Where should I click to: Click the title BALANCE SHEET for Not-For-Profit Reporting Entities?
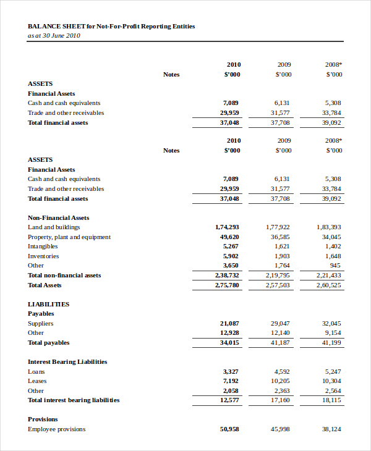(x=111, y=27)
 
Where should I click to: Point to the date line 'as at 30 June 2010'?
(x=54, y=35)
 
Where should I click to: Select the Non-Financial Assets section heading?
(x=58, y=217)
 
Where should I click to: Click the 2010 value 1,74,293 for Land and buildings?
(x=227, y=227)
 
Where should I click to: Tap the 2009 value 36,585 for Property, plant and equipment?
(x=280, y=237)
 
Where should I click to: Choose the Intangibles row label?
(x=43, y=247)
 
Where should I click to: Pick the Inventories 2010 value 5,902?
(x=231, y=256)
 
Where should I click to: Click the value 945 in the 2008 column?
(x=335, y=266)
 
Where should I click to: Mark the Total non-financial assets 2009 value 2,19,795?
(x=278, y=275)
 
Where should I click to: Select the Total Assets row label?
(x=45, y=285)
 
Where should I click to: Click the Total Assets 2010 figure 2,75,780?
(x=227, y=285)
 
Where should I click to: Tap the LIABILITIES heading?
(x=48, y=304)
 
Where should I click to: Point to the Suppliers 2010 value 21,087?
(x=229, y=323)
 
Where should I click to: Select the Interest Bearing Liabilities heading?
(x=67, y=361)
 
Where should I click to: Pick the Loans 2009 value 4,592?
(x=282, y=371)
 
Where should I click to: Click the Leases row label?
(x=37, y=381)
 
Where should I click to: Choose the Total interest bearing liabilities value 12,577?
(x=229, y=400)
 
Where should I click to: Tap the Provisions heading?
(x=42, y=419)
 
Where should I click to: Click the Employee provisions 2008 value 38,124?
(x=331, y=429)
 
